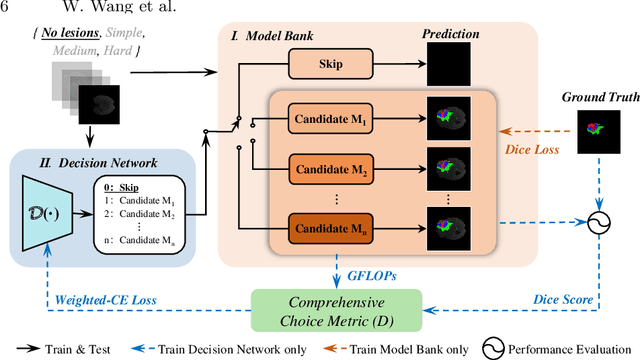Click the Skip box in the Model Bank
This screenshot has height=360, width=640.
click(329, 64)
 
